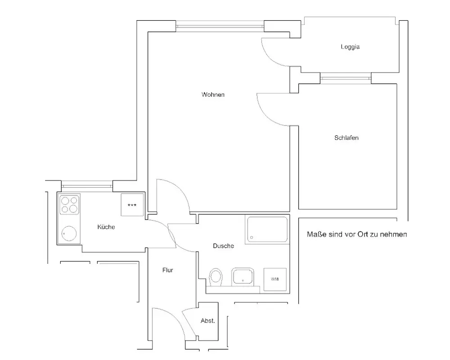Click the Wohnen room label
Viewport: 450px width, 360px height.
coord(213,95)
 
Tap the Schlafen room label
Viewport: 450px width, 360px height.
coord(346,138)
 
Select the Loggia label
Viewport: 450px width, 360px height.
coord(350,47)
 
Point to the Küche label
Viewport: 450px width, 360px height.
coord(106,227)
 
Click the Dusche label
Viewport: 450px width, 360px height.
coord(223,246)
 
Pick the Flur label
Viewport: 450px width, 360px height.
coord(168,270)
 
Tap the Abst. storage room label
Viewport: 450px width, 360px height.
coord(207,321)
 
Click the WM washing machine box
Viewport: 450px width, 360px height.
coord(274,279)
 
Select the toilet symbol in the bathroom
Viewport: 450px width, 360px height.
coord(216,277)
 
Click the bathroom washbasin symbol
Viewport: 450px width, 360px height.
coord(243,277)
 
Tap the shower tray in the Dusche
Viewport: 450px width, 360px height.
coord(267,229)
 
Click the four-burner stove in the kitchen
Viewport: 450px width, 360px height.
coord(69,204)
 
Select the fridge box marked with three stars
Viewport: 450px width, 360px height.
coord(132,205)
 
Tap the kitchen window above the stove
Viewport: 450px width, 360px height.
coord(87,185)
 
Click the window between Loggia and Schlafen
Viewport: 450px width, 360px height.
coord(346,79)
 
